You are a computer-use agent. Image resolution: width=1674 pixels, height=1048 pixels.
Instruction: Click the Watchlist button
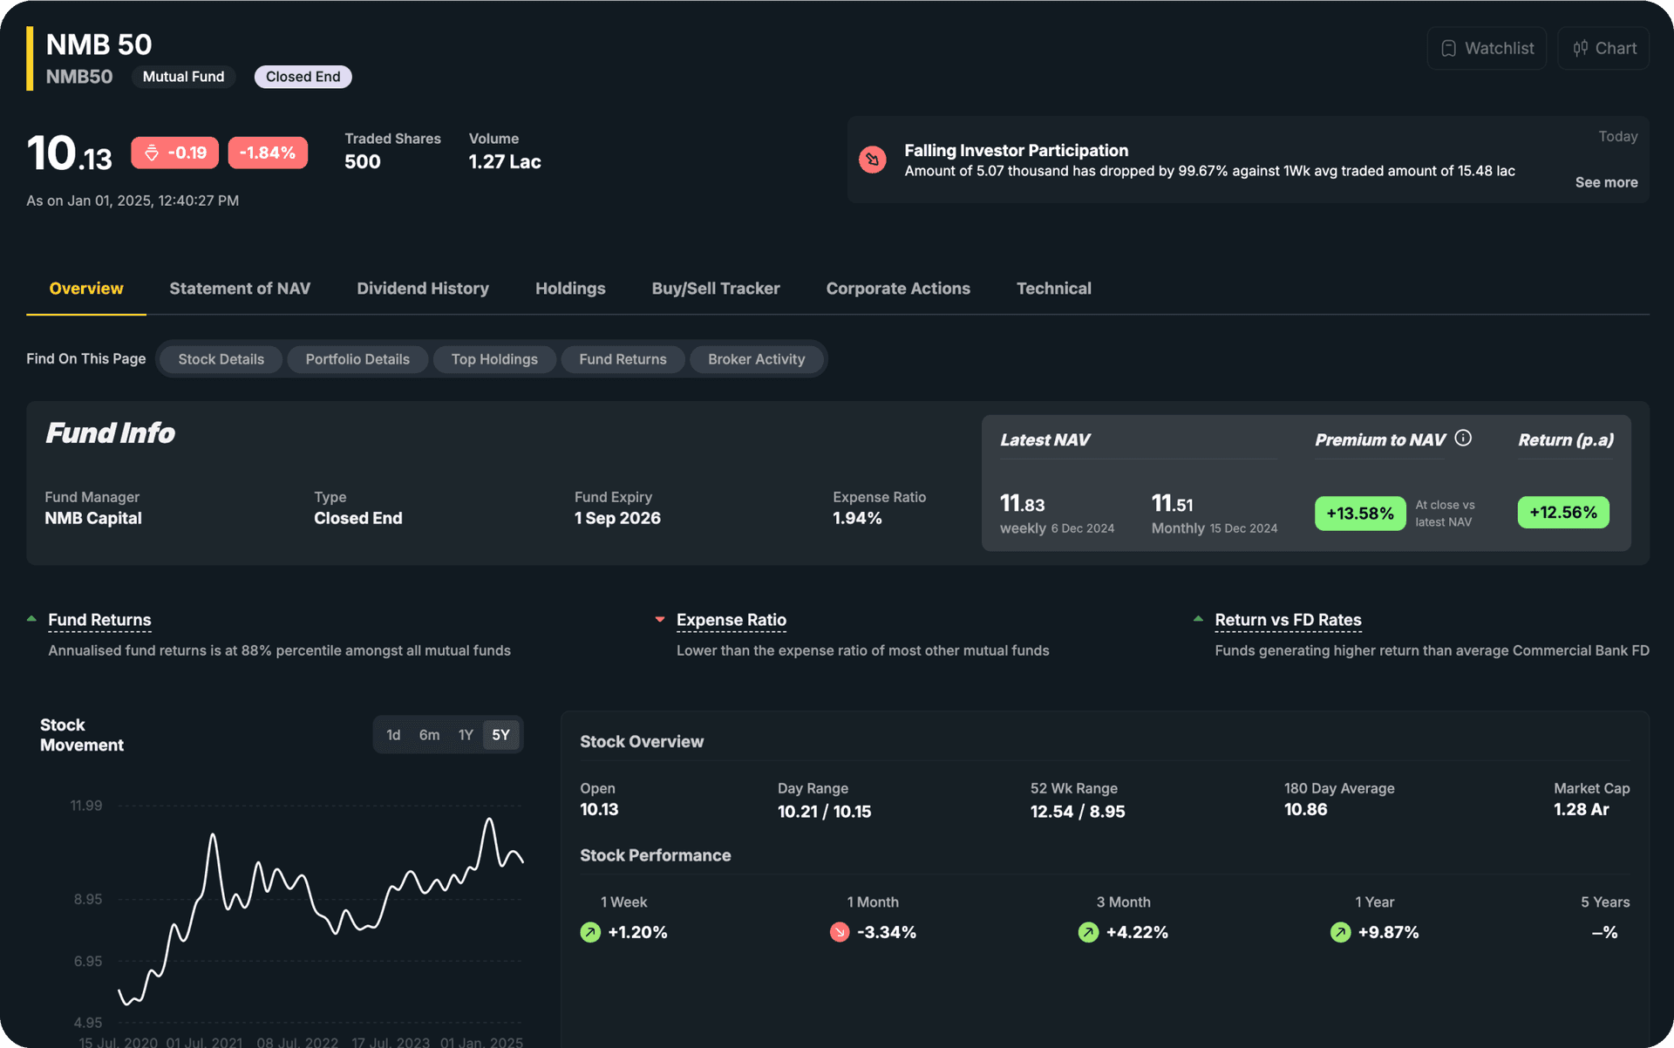[1487, 48]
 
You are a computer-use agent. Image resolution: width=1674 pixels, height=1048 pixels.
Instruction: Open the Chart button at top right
[1603, 48]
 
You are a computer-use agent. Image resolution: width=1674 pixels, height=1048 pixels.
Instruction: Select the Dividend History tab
[422, 289]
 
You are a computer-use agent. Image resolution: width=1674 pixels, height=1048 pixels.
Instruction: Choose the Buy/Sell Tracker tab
[715, 289]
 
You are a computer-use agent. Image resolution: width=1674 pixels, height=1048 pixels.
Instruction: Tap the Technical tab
[1053, 289]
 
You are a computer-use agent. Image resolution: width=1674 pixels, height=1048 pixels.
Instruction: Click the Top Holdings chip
[493, 359]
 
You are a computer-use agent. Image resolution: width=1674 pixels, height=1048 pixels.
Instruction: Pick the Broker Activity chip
[756, 359]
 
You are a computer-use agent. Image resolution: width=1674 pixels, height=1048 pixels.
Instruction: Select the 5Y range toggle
[500, 735]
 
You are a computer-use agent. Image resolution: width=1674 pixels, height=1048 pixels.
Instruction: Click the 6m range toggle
[429, 735]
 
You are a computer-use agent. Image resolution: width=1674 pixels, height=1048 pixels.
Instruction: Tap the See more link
[1605, 182]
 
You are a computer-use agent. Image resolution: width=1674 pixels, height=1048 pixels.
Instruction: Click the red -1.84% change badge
[267, 153]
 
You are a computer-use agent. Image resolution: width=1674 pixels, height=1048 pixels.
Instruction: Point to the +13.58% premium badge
[1359, 514]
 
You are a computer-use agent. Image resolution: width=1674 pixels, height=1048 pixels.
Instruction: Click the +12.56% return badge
[1562, 513]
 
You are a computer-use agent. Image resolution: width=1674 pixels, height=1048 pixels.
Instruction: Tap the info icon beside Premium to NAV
[1463, 439]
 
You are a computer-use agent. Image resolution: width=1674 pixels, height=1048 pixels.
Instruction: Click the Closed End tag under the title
[303, 77]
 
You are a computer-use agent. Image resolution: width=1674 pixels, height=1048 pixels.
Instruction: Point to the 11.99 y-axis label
[86, 806]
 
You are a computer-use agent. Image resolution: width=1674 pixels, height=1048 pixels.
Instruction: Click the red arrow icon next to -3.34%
[840, 932]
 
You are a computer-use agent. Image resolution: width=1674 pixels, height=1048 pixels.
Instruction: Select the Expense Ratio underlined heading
[731, 620]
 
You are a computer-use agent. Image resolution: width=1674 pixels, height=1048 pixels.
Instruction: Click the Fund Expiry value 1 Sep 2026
[617, 518]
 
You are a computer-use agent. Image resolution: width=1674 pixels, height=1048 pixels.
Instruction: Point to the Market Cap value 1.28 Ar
[1581, 810]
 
